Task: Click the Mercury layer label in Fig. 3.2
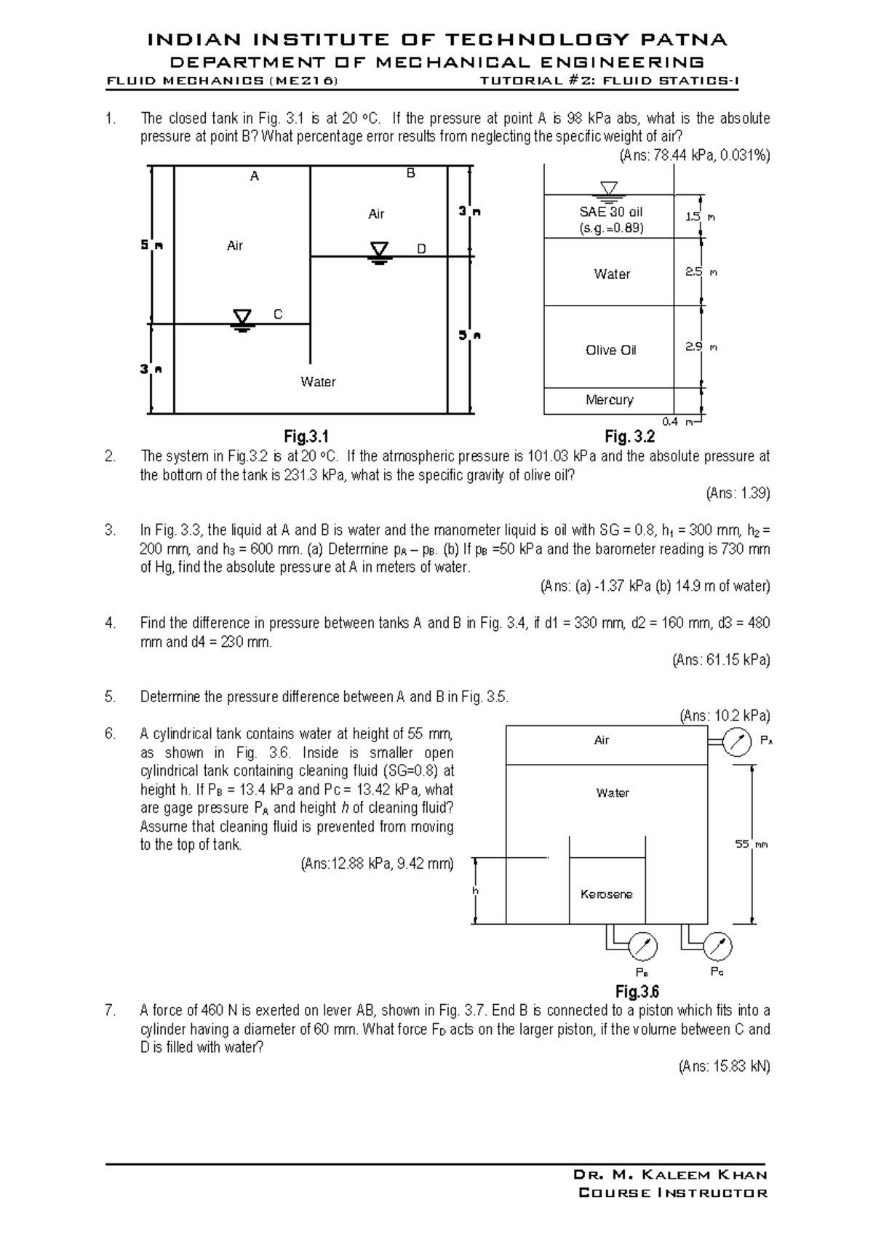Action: click(x=610, y=400)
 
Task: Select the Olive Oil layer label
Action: click(x=611, y=350)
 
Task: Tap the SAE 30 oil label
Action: click(x=611, y=212)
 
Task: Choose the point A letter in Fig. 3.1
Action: click(x=255, y=176)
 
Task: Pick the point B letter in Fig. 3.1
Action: click(x=410, y=174)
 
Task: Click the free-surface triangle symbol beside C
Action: click(x=242, y=319)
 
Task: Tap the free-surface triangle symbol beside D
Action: click(x=379, y=252)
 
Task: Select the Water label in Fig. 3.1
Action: click(x=318, y=382)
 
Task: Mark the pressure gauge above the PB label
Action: click(x=642, y=947)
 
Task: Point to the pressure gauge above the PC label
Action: click(x=718, y=947)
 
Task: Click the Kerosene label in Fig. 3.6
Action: click(x=607, y=894)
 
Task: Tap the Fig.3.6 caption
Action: click(x=637, y=992)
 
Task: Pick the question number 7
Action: click(x=110, y=1011)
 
